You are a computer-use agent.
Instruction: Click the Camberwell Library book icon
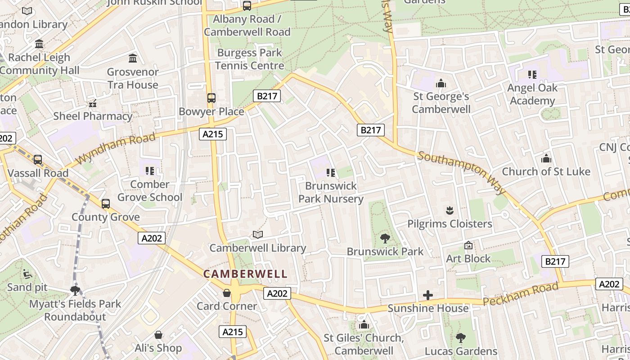coord(257,234)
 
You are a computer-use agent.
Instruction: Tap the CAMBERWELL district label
coord(245,274)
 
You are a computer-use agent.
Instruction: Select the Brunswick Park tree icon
coord(385,238)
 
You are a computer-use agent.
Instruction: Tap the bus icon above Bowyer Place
coord(211,98)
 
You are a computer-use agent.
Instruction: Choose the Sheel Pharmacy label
coord(93,116)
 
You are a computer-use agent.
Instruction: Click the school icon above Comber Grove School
coord(150,171)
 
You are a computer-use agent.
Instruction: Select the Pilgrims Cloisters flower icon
coord(449,210)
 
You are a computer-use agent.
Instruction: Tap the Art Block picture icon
coord(468,245)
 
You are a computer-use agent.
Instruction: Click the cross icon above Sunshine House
coord(427,295)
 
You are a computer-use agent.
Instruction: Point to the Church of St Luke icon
coord(546,158)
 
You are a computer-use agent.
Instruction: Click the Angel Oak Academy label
coord(532,94)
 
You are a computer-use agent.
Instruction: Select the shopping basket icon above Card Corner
coord(227,293)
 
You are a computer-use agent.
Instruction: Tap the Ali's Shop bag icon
coord(158,335)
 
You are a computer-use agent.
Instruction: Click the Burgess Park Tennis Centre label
coord(249,59)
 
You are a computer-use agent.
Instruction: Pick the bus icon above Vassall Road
coord(38,159)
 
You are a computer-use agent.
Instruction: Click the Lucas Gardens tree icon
coord(460,337)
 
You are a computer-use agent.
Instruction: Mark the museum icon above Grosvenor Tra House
coord(133,58)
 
